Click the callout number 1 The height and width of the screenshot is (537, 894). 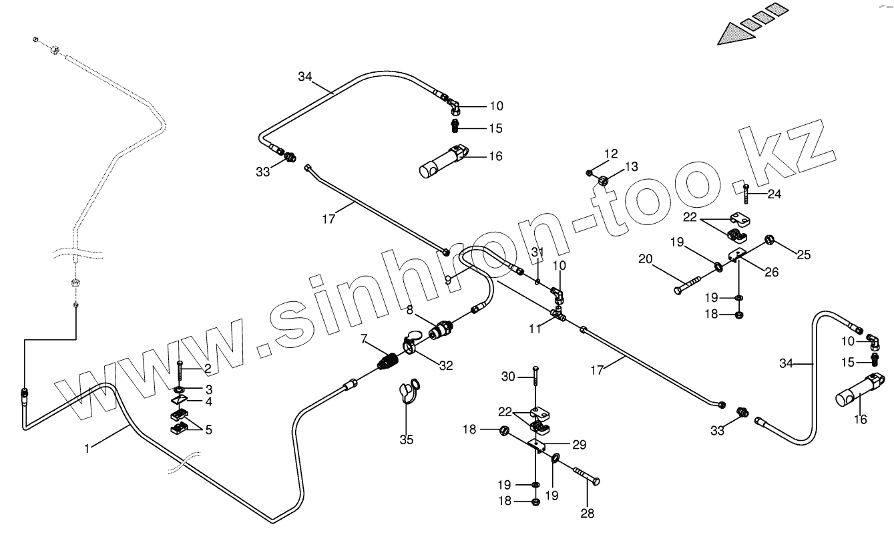tap(87, 449)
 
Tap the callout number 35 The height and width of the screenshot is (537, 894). tap(406, 439)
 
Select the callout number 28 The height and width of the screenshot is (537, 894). tap(587, 513)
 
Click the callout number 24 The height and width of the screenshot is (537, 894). tap(774, 194)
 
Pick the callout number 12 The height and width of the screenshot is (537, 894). tap(612, 154)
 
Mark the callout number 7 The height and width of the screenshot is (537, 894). tap(364, 340)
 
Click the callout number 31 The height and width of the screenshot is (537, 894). tap(538, 252)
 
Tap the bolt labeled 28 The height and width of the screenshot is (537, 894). tap(584, 476)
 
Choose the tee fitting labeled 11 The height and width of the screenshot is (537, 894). tap(557, 312)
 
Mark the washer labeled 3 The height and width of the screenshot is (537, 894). tap(180, 389)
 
